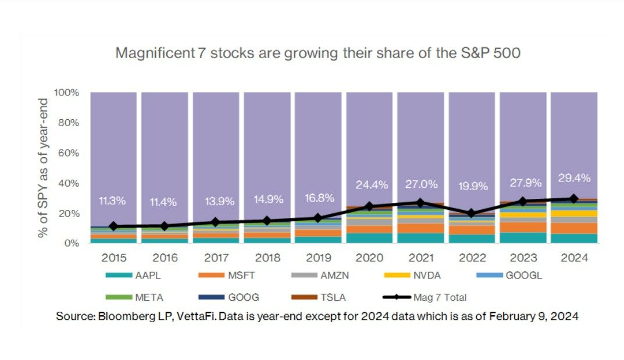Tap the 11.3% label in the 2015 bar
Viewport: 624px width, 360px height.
click(113, 201)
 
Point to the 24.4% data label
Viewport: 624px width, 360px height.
click(369, 185)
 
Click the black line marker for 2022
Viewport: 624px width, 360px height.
click(472, 213)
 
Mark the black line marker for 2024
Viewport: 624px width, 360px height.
click(573, 198)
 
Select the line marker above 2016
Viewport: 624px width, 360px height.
click(165, 226)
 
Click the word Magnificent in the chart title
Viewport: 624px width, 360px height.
click(154, 53)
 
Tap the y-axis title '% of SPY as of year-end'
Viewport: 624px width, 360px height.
click(43, 167)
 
